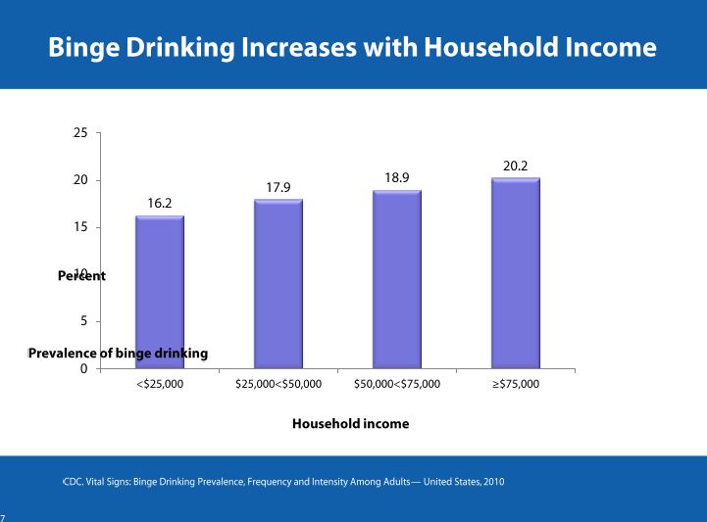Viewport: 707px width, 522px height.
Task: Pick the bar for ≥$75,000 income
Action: (x=516, y=273)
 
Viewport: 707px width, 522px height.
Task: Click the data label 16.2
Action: (x=161, y=203)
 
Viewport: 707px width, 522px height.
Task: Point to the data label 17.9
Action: (x=278, y=187)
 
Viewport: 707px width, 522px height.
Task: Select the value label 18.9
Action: (x=397, y=177)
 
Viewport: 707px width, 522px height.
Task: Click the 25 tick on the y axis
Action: (x=80, y=133)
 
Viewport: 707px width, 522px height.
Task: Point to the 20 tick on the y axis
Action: (x=80, y=180)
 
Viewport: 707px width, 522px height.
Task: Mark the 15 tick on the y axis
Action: (x=80, y=227)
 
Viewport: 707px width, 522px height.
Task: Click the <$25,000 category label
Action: (x=160, y=385)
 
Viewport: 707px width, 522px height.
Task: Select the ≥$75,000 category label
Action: (x=516, y=385)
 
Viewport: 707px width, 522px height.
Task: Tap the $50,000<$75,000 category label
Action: (x=397, y=385)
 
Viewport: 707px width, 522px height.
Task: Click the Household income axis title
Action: (x=350, y=424)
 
